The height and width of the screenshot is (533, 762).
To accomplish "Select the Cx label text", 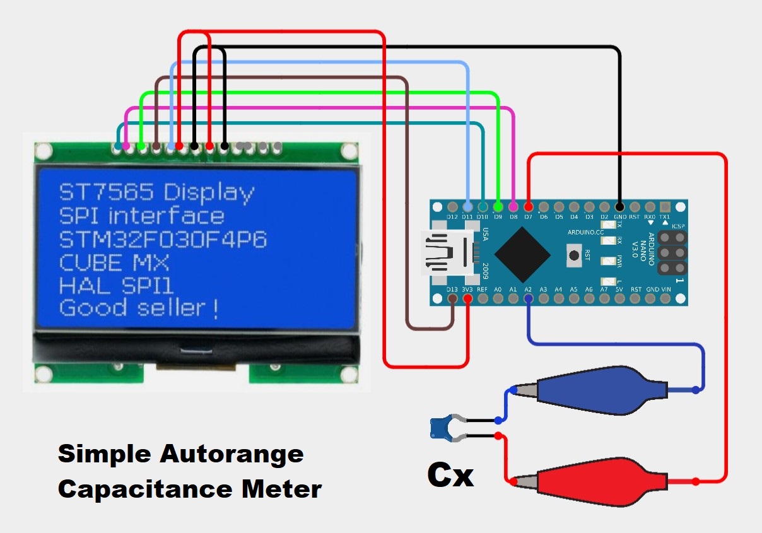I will coord(450,474).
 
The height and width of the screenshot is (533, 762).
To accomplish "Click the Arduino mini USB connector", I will coord(445,254).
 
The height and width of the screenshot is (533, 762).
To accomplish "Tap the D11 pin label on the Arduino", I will coord(467,217).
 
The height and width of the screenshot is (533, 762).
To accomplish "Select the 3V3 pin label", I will coord(467,290).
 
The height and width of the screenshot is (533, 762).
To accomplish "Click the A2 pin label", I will coord(528,290).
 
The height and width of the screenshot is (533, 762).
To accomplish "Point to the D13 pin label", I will coord(452,290).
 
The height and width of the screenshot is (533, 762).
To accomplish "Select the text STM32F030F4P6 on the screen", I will coord(163,239).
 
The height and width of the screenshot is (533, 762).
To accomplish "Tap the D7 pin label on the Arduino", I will coord(528,217).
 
